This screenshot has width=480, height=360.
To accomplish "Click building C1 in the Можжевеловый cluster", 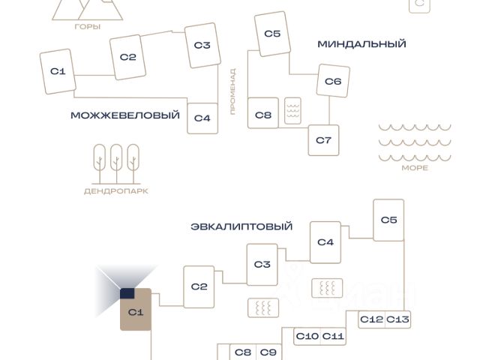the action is pos(58,72).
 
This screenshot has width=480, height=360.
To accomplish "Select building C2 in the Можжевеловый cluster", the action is pos(127,57).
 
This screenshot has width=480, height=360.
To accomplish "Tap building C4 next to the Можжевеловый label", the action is pos(202,118).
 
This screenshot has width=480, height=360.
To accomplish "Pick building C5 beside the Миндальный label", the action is pos(272,34).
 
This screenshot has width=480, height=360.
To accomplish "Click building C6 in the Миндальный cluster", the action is pos(333,81).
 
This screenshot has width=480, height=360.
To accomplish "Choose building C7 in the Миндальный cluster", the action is pos(323,140).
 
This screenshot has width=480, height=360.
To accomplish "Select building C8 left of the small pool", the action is pos(263,113).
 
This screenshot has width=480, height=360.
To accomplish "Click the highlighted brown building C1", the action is pos(136,310).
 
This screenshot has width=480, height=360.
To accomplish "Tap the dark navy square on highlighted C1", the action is pos(127,293).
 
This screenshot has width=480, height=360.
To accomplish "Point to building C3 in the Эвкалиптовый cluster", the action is pos(262,265).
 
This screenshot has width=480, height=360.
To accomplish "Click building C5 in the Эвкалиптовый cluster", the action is pos(388,220).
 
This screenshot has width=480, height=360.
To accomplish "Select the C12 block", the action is pos(372,319).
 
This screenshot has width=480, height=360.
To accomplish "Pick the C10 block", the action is pos(307,337).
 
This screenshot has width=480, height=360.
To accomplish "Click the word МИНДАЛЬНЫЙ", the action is pos(361,44).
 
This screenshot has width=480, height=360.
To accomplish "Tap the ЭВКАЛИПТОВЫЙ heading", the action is pos(241,226).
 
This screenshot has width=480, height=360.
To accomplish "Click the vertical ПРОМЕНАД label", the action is pos(233,91).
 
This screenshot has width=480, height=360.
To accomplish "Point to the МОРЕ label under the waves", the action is pos(415,168).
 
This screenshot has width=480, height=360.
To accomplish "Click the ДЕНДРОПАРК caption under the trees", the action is pos(116,191).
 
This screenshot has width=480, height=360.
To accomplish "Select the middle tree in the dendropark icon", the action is pos(116,163).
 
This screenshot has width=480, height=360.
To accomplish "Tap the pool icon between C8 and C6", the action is pos(292,111).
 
